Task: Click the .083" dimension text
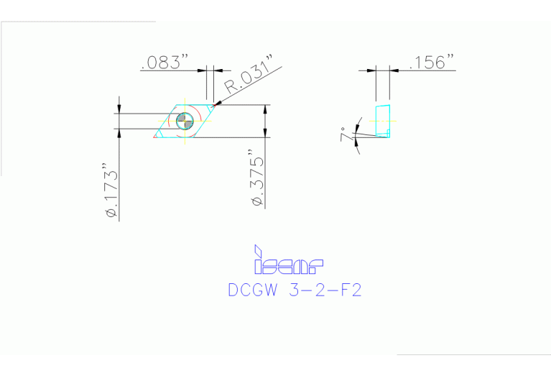coord(165,63)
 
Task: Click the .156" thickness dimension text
coord(432,63)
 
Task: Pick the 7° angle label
coord(346,134)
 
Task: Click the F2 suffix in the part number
coord(348,292)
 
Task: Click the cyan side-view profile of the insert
coord(382,121)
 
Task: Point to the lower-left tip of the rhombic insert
coord(155,137)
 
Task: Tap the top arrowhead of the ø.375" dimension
coord(267,109)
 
